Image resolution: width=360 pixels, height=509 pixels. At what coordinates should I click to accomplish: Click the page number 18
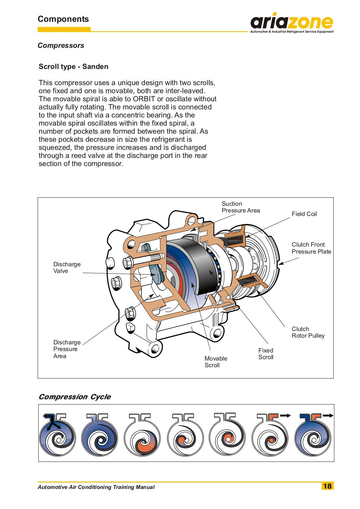click(x=327, y=486)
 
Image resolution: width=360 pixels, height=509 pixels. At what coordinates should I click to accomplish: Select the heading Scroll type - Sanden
click(x=73, y=66)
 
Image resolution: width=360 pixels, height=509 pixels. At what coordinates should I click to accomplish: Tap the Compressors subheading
click(x=61, y=45)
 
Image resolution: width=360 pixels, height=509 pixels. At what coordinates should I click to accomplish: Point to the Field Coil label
click(x=304, y=214)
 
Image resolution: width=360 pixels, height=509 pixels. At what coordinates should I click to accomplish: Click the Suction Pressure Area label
click(x=240, y=207)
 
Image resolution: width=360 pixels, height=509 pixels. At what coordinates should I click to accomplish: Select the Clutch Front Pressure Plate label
click(x=311, y=248)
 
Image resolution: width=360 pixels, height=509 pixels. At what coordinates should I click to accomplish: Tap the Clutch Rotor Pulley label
click(x=308, y=332)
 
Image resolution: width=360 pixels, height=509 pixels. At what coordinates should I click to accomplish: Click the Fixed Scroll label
click(x=266, y=354)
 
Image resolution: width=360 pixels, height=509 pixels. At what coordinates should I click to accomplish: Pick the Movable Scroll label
click(x=216, y=362)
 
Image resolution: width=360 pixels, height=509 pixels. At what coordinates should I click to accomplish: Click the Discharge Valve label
click(x=67, y=267)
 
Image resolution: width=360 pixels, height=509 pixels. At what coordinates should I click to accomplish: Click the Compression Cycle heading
click(x=75, y=397)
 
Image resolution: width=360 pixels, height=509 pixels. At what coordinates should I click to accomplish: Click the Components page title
click(x=63, y=19)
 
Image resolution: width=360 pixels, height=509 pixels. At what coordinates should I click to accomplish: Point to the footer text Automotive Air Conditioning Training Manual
click(x=96, y=487)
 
